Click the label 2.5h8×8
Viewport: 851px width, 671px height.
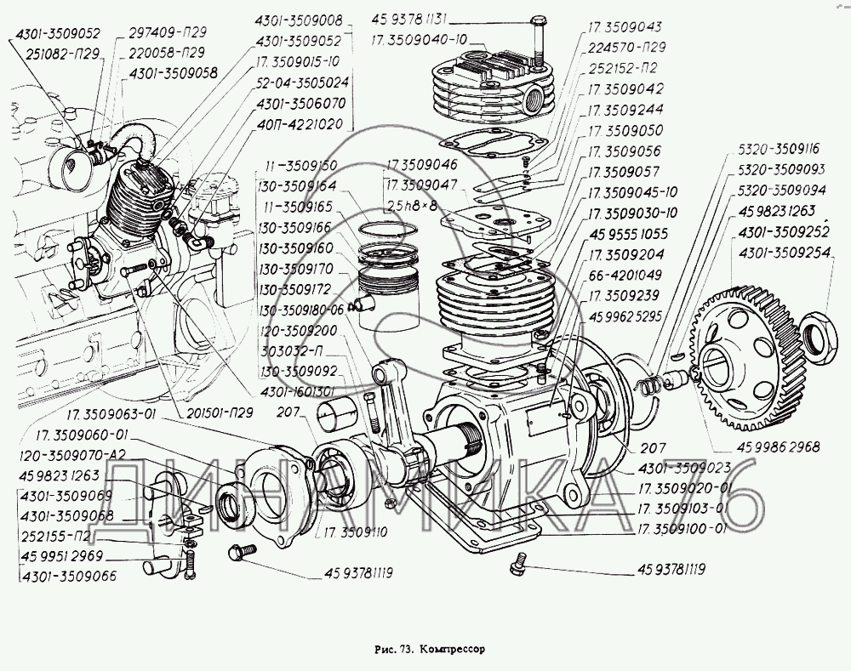tap(417, 206)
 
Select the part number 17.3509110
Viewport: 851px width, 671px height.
tap(355, 532)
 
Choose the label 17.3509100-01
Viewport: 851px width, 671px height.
tap(679, 528)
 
